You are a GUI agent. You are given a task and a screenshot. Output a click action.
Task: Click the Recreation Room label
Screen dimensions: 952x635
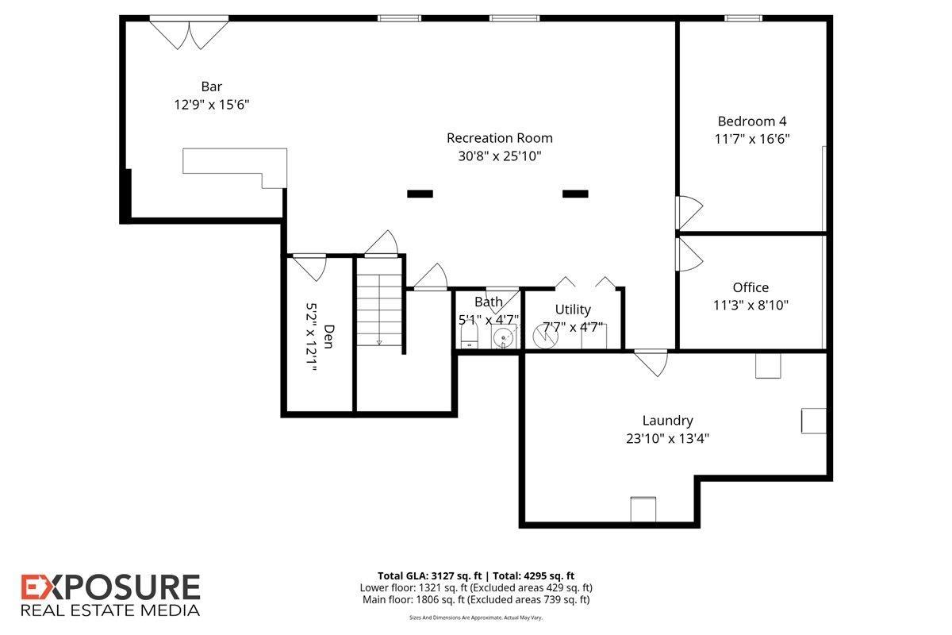point(499,138)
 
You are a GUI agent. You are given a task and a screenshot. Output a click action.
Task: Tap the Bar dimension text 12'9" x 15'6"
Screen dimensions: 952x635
point(211,104)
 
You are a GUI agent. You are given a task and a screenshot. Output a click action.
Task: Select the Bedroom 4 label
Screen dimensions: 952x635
point(752,121)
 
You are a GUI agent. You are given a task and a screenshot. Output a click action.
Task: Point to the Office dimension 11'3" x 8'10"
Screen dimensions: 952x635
point(750,305)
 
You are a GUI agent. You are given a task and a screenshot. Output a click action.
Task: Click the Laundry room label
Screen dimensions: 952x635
point(667,421)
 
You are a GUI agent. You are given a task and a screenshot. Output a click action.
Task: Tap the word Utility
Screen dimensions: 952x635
point(573,310)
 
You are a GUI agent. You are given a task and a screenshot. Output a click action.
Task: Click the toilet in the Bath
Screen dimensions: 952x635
point(469,337)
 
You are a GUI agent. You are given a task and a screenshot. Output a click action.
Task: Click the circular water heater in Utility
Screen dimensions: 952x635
point(545,336)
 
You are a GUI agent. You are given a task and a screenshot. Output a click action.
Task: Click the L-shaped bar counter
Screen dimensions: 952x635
point(235,167)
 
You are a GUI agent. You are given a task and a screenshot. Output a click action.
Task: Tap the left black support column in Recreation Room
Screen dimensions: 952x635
point(420,194)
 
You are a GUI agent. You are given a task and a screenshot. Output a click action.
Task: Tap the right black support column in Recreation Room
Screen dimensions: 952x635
point(575,194)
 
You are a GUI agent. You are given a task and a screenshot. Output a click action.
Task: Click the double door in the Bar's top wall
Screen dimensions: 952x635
point(189,34)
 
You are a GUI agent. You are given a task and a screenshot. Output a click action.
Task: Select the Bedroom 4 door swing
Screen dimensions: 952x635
point(689,212)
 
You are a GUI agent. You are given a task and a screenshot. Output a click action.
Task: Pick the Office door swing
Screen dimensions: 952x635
point(689,254)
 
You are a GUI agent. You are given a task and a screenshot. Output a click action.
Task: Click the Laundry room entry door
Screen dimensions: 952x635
point(651,363)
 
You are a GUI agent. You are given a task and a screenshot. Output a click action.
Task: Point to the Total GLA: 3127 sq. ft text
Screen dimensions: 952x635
point(430,576)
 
